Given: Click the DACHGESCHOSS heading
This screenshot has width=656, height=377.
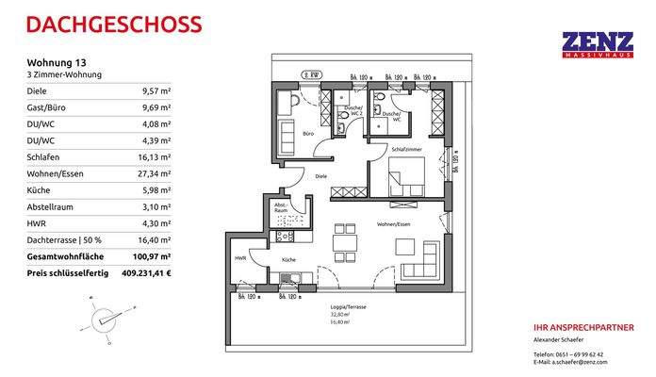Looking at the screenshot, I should [100, 23].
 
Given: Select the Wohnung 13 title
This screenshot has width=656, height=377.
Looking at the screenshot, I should [54, 63].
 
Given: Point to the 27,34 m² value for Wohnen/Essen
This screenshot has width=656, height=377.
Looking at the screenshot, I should [155, 173].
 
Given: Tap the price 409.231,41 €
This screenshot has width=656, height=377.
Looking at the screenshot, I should [144, 273].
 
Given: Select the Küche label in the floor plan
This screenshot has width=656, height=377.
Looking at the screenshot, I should [288, 259].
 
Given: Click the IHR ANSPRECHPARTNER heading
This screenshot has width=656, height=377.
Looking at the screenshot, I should [583, 327].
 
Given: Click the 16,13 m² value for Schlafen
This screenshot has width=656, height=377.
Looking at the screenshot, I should [155, 157].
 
